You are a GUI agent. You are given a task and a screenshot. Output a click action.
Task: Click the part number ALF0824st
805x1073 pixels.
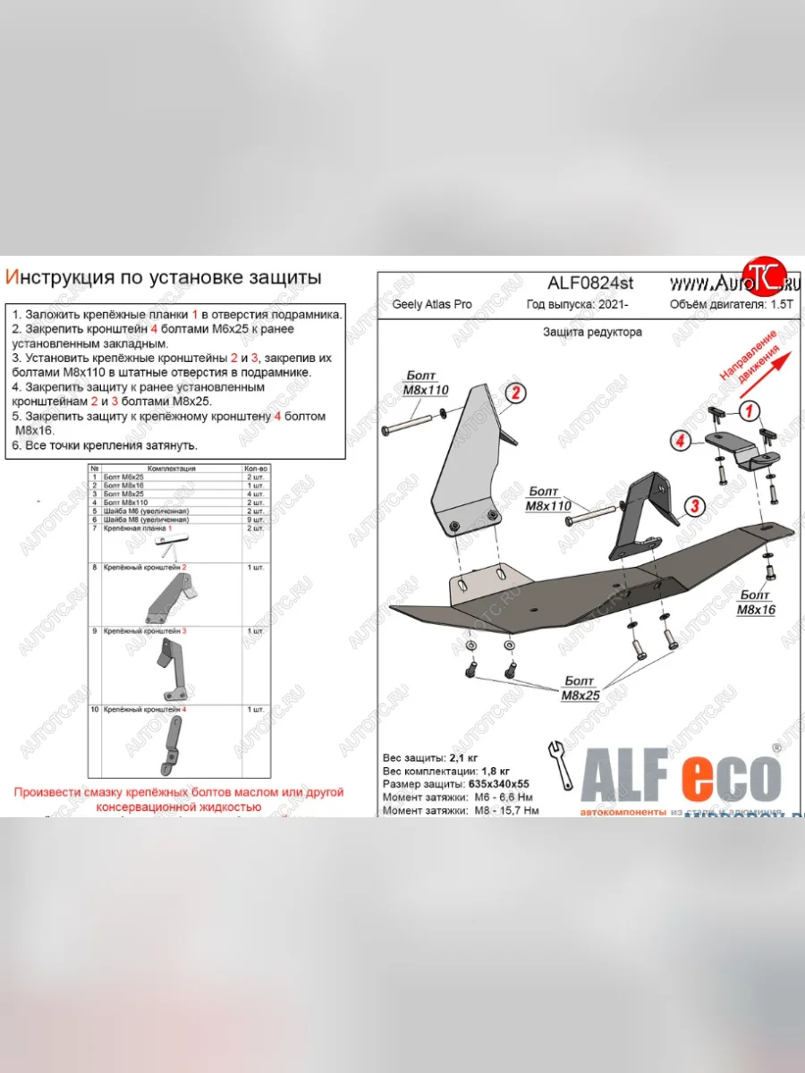pos(590,283)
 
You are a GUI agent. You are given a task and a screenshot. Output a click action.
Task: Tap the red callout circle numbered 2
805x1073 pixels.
pos(515,394)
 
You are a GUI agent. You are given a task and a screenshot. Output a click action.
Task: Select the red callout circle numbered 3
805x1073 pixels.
pos(692,508)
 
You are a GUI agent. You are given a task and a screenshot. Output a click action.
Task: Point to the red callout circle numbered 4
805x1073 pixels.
pos(681,440)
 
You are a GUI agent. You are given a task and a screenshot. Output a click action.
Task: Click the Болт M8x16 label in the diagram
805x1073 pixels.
pos(757,602)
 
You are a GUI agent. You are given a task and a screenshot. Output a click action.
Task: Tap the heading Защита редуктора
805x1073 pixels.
pos(591,332)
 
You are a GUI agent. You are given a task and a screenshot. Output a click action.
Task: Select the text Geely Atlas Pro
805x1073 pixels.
pos(432,305)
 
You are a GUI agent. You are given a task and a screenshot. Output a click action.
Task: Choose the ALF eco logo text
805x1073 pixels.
pos(681,771)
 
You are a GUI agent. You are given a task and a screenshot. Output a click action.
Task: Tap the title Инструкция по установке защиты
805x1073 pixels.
pos(163,278)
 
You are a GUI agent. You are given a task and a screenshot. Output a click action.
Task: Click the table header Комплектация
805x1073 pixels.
pos(172,469)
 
